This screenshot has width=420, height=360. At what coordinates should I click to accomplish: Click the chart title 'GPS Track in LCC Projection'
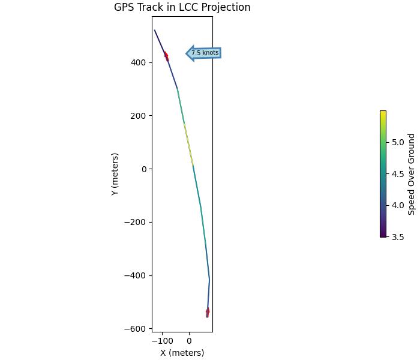pos(182,8)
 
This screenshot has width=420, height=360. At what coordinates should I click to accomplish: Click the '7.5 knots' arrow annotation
pos(204,53)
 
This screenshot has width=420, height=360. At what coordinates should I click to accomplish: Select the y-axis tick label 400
pos(139,62)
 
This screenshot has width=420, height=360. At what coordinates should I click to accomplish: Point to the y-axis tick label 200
pos(139,116)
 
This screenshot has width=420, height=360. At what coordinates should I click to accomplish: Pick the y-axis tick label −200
pos(136,223)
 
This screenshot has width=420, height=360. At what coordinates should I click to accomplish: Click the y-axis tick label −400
pos(136,276)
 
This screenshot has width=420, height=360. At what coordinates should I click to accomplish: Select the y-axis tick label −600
pos(136,329)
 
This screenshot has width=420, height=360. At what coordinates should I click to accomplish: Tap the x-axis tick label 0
pos(189,341)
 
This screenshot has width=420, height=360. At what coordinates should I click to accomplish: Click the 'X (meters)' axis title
pos(182,353)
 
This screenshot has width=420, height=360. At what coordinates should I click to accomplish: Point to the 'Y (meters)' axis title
pos(115,174)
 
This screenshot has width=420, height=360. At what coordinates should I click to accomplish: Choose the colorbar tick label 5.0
pos(398,142)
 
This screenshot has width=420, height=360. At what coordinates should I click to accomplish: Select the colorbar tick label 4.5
pos(398,174)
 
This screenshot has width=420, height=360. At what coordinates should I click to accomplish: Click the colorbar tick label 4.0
pos(398,205)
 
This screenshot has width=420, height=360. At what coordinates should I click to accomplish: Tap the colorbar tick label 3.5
pos(398,237)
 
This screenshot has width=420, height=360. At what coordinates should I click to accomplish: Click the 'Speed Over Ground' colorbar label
pos(412,174)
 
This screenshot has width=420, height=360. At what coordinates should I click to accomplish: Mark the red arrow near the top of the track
pos(166,56)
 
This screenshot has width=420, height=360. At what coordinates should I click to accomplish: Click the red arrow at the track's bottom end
pos(208,311)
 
